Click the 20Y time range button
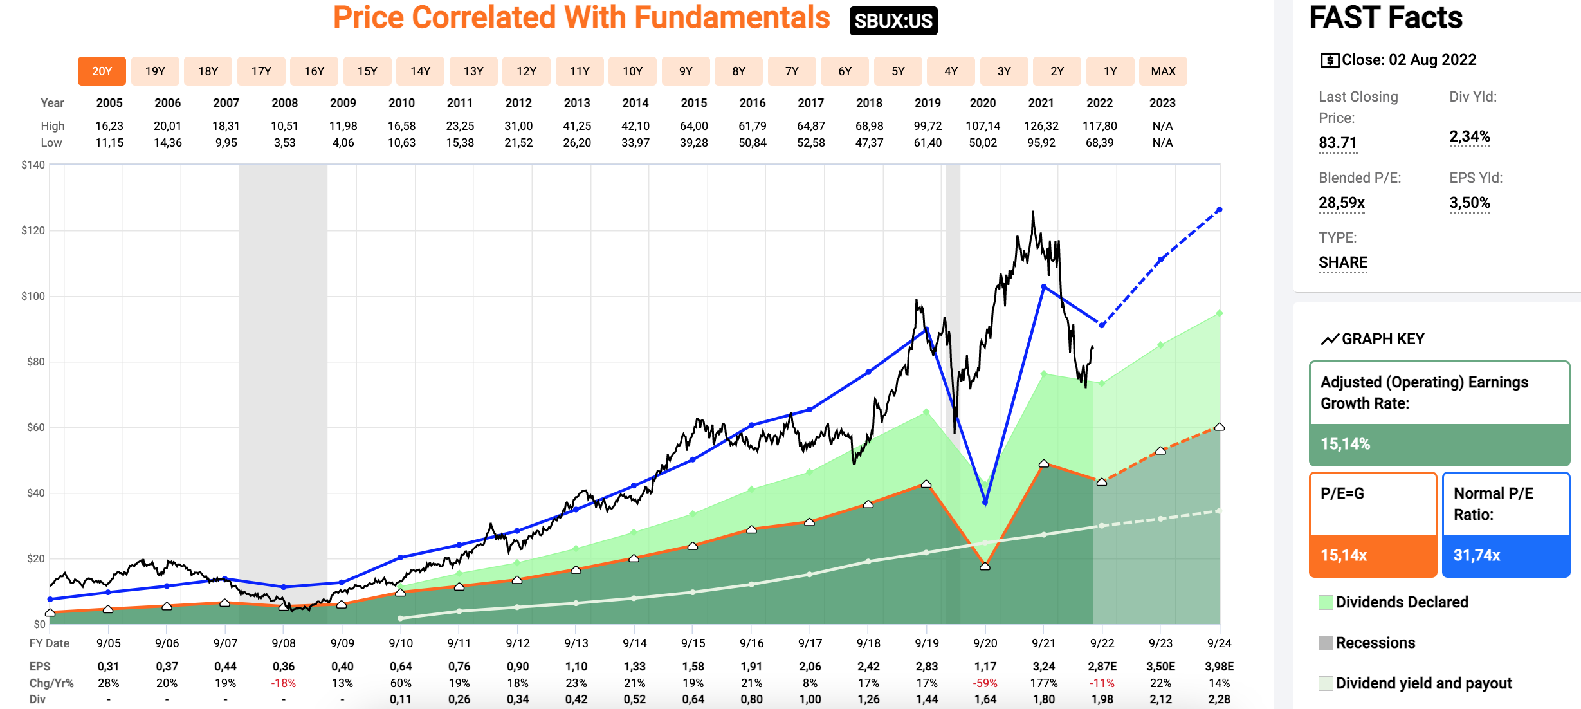click(102, 71)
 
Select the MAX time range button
click(1163, 71)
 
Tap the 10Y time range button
click(632, 71)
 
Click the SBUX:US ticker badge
click(893, 21)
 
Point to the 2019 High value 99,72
click(928, 126)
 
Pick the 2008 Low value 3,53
click(284, 143)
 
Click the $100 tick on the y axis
click(33, 296)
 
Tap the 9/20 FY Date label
click(985, 643)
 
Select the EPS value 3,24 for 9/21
click(1043, 667)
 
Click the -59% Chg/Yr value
click(985, 683)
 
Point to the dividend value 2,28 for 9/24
click(1219, 699)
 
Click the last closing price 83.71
click(1337, 143)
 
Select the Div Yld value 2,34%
click(1469, 136)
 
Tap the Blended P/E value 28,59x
click(1341, 203)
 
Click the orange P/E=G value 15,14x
click(1344, 555)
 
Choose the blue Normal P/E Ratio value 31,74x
click(1477, 555)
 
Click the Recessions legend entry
click(1375, 643)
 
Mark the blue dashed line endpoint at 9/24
click(1219, 210)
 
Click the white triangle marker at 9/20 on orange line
click(985, 566)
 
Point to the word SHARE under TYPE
click(1343, 262)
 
